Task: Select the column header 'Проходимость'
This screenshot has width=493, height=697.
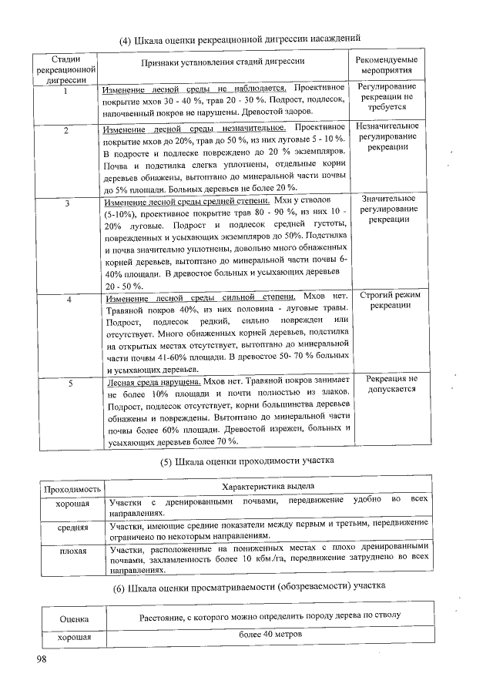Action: click(72, 488)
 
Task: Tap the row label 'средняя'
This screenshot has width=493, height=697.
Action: click(72, 529)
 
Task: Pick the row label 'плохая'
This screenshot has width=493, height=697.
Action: click(72, 551)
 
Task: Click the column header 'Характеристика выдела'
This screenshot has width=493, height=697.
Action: click(268, 488)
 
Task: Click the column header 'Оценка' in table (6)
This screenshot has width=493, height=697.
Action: click(73, 618)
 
